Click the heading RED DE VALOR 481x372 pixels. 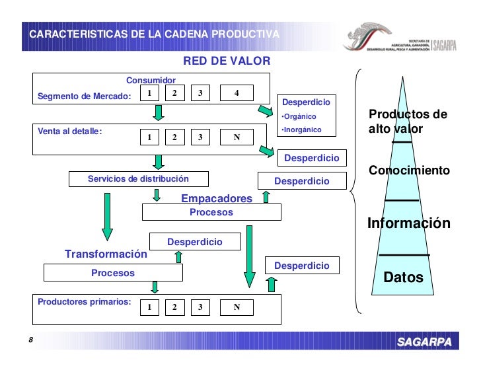pos(226,61)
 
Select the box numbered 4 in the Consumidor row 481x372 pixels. pos(236,93)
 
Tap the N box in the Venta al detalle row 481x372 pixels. pos(236,137)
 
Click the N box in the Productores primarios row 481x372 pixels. pos(236,307)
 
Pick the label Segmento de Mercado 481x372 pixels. pos(85,96)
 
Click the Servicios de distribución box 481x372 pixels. pos(139,179)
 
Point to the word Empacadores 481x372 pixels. pos(217,199)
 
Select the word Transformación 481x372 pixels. pos(106,254)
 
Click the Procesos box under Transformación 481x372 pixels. pos(113,272)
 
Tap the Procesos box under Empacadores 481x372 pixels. pos(211,212)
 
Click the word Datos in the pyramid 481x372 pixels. pos(403,278)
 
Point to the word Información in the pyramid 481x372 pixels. pos(408,223)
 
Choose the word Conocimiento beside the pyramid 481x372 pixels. pos(409,170)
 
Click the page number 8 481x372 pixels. pos(30,340)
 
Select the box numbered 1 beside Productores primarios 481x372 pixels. pos(149,307)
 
